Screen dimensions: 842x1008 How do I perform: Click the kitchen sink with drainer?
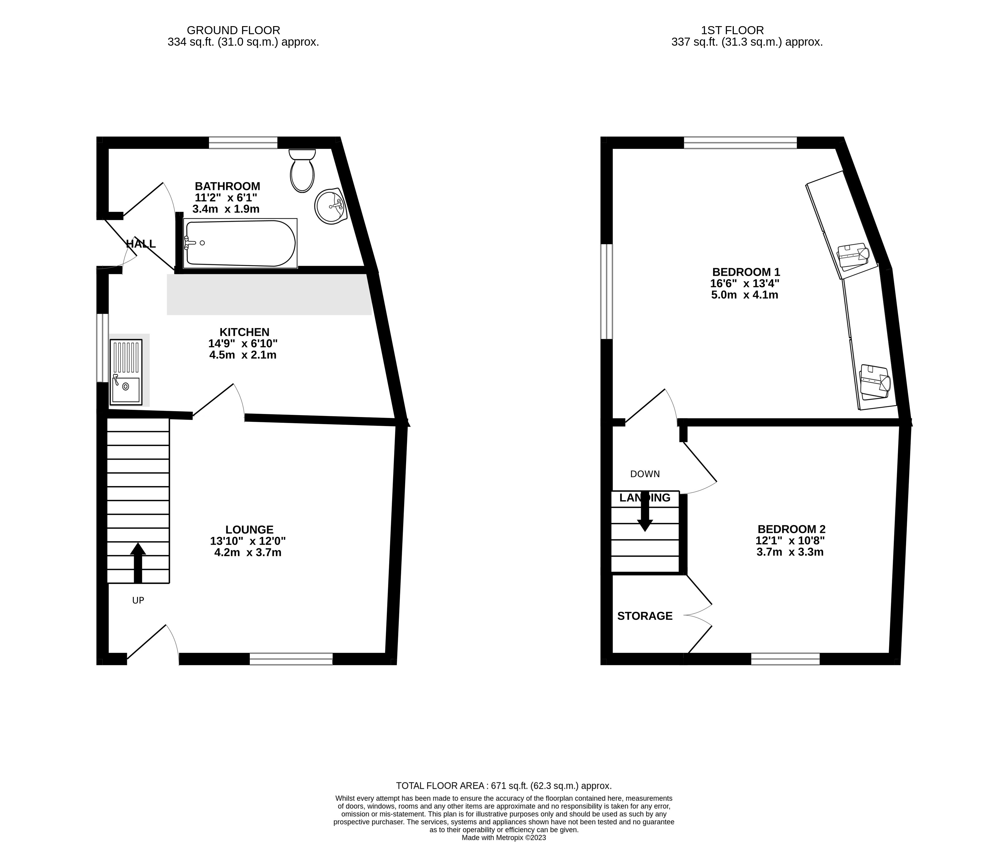pyautogui.click(x=126, y=372)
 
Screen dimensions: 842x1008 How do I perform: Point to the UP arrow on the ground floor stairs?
pyautogui.click(x=138, y=562)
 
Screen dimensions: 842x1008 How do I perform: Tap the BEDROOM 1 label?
pyautogui.click(x=746, y=272)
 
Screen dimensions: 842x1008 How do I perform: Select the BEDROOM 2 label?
pyautogui.click(x=791, y=529)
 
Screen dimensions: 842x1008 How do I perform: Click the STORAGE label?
pyautogui.click(x=645, y=616)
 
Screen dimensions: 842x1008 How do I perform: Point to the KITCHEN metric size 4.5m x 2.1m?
pyautogui.click(x=243, y=355)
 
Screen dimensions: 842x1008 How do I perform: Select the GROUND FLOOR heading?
pyautogui.click(x=233, y=30)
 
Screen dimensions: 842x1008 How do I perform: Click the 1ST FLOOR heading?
pyautogui.click(x=732, y=30)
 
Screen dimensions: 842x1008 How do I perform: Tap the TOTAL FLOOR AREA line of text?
pyautogui.click(x=504, y=786)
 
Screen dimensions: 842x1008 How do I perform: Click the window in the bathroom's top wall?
pyautogui.click(x=243, y=142)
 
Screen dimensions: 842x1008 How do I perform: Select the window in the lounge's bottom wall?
pyautogui.click(x=291, y=659)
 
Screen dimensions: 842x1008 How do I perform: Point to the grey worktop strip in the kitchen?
pyautogui.click(x=269, y=294)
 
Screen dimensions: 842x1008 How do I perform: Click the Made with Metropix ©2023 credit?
pyautogui.click(x=504, y=838)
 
